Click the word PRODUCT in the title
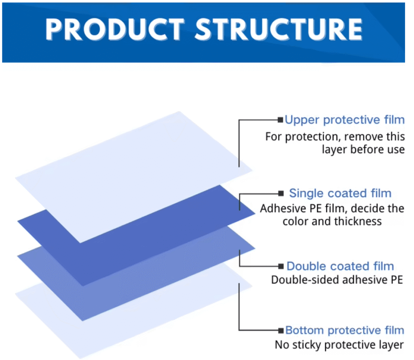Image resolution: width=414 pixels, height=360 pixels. [x=115, y=29]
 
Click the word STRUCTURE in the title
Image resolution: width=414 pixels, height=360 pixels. [x=279, y=29]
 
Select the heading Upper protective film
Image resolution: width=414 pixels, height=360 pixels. [x=345, y=120]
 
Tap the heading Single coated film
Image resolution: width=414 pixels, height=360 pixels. [x=340, y=193]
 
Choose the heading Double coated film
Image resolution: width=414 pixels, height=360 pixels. [x=340, y=266]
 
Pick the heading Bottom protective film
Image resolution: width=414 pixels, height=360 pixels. [x=345, y=330]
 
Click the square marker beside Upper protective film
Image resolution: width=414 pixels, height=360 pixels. [x=281, y=120]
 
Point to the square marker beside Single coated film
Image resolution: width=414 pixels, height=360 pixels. [x=281, y=194]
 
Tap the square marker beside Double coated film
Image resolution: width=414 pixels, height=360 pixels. [x=281, y=266]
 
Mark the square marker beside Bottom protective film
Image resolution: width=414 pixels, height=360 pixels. [x=281, y=330]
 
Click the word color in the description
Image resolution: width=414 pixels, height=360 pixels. [x=296, y=221]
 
